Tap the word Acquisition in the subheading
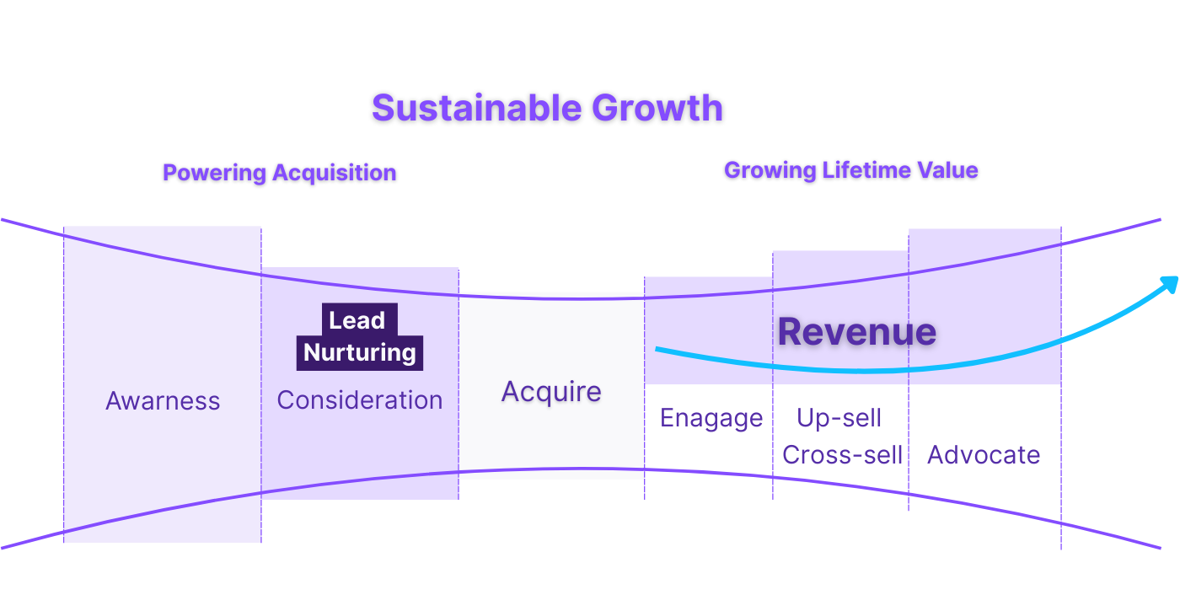click(x=335, y=173)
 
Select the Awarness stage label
click(x=163, y=401)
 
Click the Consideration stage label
click(x=360, y=400)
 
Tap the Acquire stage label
click(x=551, y=392)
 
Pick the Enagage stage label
click(x=711, y=418)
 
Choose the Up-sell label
click(x=839, y=418)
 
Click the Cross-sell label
click(x=842, y=455)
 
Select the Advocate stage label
click(x=984, y=455)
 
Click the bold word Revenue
click(x=856, y=332)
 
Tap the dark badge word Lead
click(x=357, y=320)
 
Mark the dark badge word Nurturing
click(x=360, y=352)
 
